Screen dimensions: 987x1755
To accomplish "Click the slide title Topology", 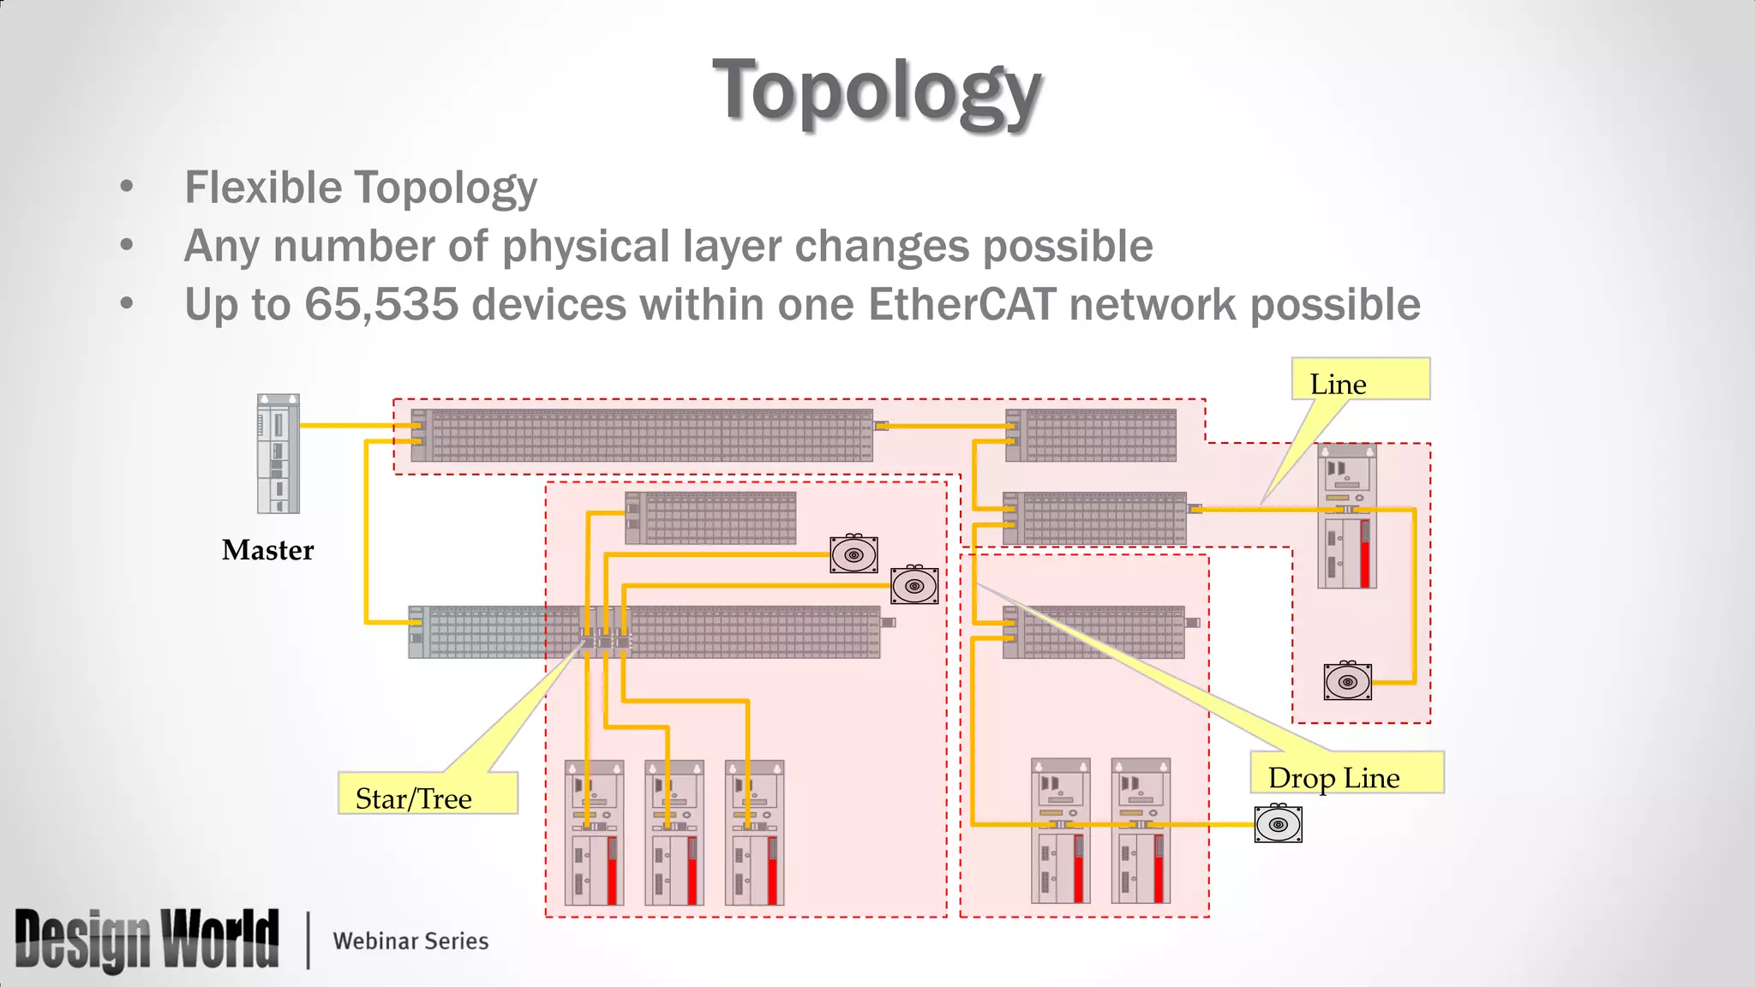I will tap(877, 91).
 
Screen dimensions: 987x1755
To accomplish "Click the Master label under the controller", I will tap(267, 550).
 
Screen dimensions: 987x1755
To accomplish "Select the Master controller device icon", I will tap(279, 453).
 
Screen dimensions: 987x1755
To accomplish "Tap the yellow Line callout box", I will tap(1360, 380).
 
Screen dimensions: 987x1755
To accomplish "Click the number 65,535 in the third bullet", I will tap(380, 304).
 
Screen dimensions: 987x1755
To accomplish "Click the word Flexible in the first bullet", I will tap(262, 188).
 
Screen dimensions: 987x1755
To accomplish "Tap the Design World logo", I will tap(147, 940).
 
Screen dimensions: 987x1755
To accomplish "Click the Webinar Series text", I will tap(410, 941).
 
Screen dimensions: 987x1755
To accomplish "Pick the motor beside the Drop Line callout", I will tap(1278, 823).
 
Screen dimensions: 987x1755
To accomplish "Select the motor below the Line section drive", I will tap(1347, 681).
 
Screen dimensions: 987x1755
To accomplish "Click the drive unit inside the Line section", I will tap(1347, 516).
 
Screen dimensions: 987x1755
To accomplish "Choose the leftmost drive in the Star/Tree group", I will tap(594, 832).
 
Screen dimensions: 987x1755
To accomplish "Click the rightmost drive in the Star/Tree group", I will tap(754, 832).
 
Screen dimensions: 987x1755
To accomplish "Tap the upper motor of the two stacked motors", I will tap(854, 554).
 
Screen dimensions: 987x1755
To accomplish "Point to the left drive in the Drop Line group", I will tap(1060, 830).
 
